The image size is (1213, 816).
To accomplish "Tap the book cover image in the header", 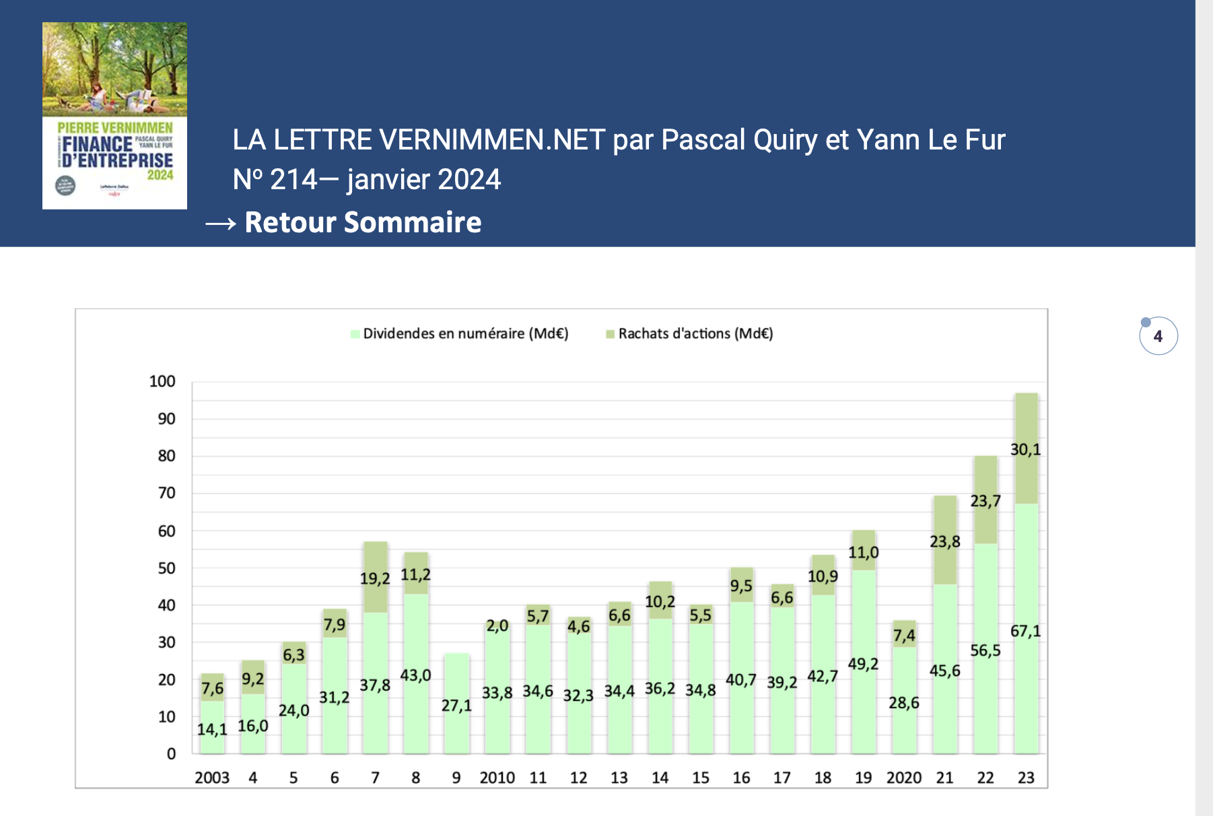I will pos(114,116).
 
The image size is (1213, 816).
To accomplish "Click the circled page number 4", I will pos(1158,336).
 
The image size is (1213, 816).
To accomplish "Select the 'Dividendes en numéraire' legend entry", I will pos(464,334).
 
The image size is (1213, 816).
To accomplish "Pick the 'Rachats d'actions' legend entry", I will pos(695,334).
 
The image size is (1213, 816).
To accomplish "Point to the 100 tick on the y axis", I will pos(162,382).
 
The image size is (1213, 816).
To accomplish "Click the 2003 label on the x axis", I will pos(212,778).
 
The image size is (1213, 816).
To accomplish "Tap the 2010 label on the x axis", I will pos(497,778).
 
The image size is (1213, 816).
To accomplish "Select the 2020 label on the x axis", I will pos(903,778).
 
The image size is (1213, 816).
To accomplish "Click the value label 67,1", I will pos(1025,632).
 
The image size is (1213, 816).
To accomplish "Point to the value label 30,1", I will pos(1025,450).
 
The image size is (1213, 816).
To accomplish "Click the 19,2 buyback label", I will pos(375,579).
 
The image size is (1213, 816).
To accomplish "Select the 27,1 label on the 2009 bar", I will pos(456,706).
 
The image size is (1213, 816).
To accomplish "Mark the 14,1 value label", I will pos(212,729).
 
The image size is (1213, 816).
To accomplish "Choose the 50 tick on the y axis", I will pos(166,568).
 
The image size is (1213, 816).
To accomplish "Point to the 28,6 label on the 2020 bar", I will pos(903,703).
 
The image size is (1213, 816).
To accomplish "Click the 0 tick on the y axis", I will pos(171,754).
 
